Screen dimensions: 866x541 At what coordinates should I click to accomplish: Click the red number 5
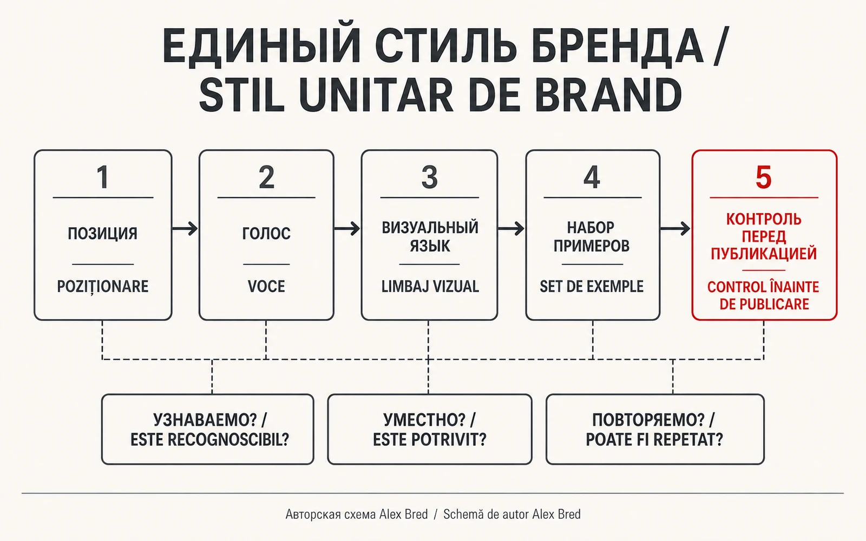click(x=764, y=177)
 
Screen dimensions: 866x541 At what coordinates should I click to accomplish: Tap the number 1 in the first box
click(x=102, y=177)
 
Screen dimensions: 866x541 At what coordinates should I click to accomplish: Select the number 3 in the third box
click(x=429, y=177)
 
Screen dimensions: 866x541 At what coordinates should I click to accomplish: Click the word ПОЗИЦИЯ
click(x=102, y=233)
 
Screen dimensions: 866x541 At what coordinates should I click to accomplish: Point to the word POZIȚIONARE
click(x=102, y=287)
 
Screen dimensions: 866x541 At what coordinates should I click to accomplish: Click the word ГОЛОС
click(x=266, y=233)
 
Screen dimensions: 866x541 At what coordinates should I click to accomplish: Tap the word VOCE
click(x=266, y=286)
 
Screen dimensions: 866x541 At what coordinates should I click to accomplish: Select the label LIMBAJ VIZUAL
click(x=430, y=286)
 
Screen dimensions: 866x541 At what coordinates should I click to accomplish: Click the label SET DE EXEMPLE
click(x=592, y=286)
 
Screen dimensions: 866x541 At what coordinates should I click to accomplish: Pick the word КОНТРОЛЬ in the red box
click(x=764, y=219)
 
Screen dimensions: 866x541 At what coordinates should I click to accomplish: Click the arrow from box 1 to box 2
click(x=185, y=228)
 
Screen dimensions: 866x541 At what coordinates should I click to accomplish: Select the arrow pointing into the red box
click(x=675, y=228)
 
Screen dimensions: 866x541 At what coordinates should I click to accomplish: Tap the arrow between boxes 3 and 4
click(x=511, y=228)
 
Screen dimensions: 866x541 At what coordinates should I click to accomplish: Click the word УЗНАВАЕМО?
click(x=205, y=420)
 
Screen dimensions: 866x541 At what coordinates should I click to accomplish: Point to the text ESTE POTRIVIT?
click(x=430, y=440)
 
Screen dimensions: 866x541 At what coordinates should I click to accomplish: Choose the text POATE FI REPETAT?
click(x=654, y=440)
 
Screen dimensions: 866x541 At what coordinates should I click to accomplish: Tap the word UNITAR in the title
click(x=376, y=95)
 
